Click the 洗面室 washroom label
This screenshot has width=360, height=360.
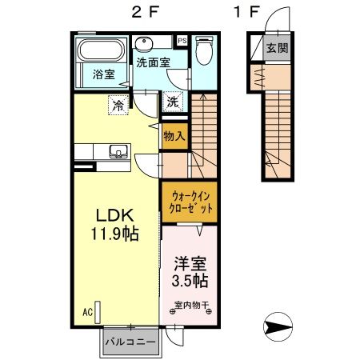(x=152, y=61)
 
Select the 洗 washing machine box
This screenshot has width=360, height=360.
(x=173, y=102)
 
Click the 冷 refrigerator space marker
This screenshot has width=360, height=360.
(x=118, y=104)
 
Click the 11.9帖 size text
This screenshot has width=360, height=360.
(x=114, y=236)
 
